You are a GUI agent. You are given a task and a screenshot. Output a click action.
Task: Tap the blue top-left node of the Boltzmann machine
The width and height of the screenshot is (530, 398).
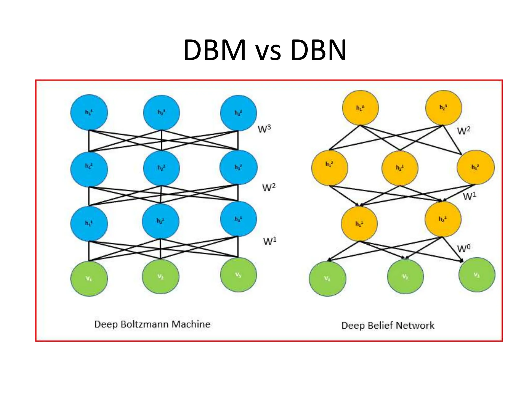89,112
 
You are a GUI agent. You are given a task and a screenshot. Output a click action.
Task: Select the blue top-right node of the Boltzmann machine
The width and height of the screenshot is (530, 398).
238,113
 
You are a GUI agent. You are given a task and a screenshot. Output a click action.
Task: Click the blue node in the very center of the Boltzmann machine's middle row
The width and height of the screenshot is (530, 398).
161,168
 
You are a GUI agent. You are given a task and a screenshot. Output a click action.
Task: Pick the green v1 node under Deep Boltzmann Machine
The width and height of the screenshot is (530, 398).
89,279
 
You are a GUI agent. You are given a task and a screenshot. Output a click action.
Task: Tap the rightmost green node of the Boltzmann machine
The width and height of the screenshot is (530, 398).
238,275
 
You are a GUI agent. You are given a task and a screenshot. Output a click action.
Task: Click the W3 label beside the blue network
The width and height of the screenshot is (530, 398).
264,129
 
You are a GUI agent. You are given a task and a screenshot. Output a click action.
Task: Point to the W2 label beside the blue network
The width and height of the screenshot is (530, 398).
269,187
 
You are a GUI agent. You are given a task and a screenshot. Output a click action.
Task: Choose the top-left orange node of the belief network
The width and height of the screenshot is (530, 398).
360,108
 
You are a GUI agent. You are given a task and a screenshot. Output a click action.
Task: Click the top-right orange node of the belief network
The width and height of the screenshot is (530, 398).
444,107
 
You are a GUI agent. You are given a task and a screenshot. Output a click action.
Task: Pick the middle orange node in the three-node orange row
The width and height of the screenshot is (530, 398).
400,168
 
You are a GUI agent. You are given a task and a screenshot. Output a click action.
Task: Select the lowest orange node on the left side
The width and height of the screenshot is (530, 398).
359,224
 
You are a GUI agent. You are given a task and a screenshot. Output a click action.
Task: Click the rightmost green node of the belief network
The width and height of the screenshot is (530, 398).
477,275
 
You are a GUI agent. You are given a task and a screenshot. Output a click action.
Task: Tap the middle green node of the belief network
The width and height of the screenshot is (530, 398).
405,276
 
